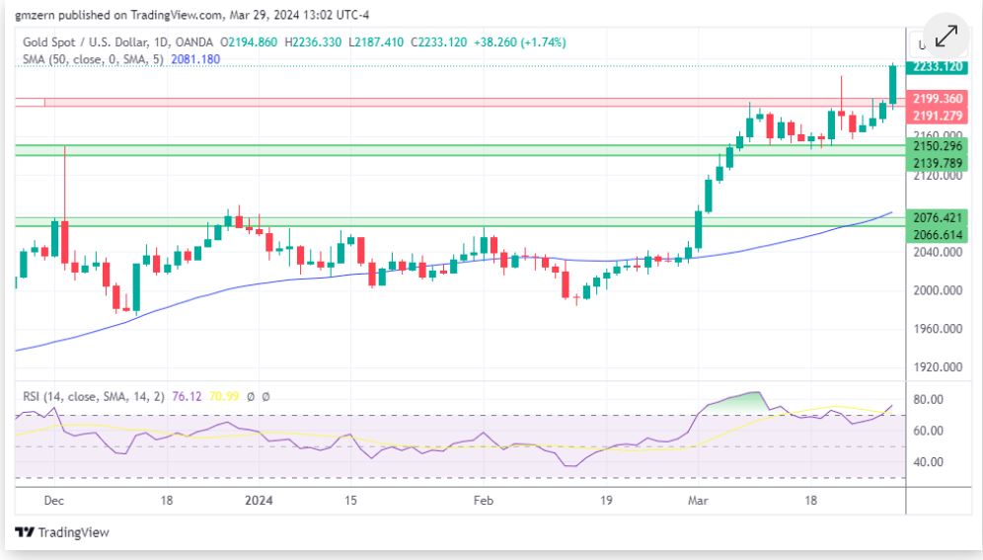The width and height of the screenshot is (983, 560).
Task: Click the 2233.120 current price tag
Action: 937,67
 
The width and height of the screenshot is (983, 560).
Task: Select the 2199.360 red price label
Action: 937,99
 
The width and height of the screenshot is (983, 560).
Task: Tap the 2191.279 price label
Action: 937,116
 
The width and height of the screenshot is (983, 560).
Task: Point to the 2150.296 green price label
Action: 937,146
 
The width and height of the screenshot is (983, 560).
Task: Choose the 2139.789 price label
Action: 937,163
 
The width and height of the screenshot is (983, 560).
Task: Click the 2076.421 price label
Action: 937,217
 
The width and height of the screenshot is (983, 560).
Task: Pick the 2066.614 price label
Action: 937,235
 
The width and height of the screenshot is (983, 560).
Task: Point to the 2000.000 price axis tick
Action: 937,290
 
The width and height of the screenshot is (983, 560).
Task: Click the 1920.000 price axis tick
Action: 937,366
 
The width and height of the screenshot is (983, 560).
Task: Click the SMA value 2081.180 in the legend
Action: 195,59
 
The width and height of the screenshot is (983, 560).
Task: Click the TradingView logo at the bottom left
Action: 62,532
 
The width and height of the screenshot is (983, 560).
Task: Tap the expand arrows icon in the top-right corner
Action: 945,36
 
